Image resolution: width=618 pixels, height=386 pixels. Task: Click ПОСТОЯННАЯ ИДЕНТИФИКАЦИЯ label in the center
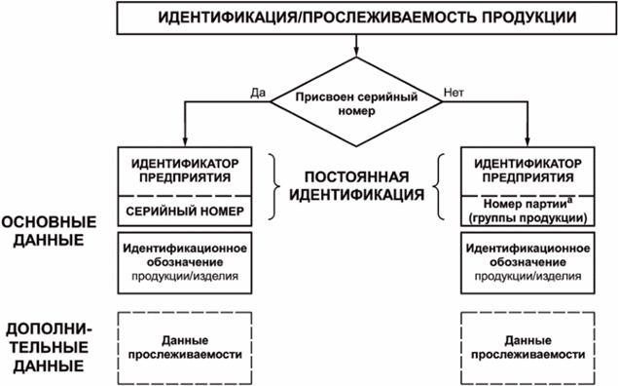tap(357, 187)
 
